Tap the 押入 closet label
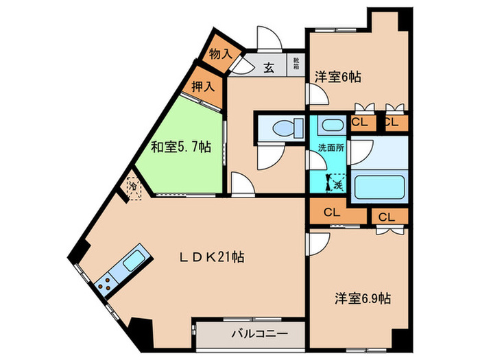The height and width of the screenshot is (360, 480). (202, 86)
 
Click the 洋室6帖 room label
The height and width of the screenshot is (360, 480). (337, 77)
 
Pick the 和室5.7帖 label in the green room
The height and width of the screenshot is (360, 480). (180, 147)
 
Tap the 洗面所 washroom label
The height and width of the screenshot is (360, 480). (330, 148)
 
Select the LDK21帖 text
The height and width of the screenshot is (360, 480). (212, 257)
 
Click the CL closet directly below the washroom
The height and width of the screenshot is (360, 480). (330, 212)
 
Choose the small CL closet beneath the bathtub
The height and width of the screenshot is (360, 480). (385, 217)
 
